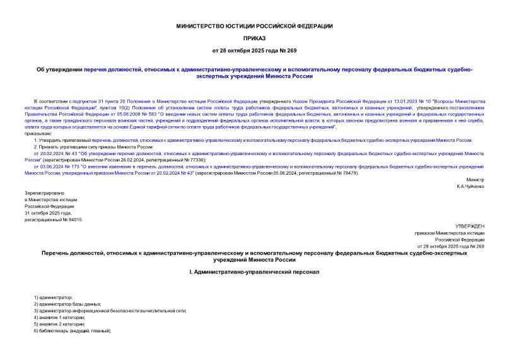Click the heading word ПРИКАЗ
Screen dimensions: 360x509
[x=254, y=38]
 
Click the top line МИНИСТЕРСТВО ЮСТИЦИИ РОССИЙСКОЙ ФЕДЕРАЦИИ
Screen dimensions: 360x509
[x=254, y=26]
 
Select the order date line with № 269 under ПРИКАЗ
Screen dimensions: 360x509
[x=254, y=50]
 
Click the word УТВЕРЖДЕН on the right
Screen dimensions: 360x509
[x=469, y=225]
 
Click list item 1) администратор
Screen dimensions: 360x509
[x=54, y=296]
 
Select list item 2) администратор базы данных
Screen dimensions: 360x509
[x=63, y=303]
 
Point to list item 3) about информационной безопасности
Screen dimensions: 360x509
[x=110, y=310]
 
